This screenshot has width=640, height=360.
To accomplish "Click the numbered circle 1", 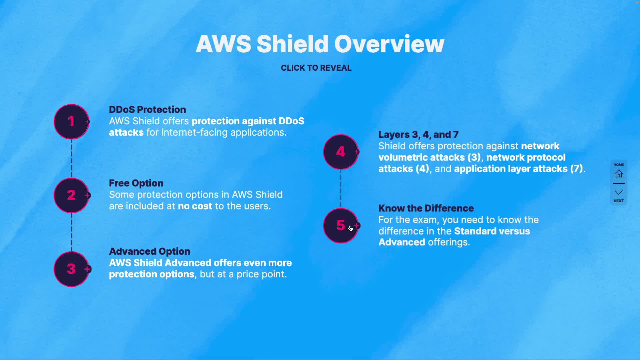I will point(71,122).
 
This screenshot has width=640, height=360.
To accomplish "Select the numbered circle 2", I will point(71,195).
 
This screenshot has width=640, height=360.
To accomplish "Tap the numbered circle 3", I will point(71,269).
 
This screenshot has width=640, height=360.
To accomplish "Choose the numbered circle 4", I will point(341,152).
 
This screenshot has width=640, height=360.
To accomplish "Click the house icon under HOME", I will point(619,174).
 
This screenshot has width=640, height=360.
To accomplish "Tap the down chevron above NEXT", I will point(619,192).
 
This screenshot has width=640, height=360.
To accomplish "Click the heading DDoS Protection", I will point(147,110).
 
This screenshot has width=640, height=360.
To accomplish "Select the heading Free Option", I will point(136,183).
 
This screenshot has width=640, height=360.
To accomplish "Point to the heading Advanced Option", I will point(150,251).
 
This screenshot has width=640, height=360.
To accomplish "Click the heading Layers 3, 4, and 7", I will point(418,135).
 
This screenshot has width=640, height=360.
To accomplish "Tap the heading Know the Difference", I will point(426,208).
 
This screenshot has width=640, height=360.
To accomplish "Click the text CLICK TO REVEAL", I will point(316,68).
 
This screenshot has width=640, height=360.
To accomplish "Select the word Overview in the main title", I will point(389,44).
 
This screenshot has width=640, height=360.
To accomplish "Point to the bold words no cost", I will point(195,206).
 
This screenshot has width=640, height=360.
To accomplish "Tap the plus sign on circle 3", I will point(87,269).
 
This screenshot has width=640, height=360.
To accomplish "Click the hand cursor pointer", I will point(351,229).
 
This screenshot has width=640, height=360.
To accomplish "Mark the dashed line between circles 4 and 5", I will point(341,188).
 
